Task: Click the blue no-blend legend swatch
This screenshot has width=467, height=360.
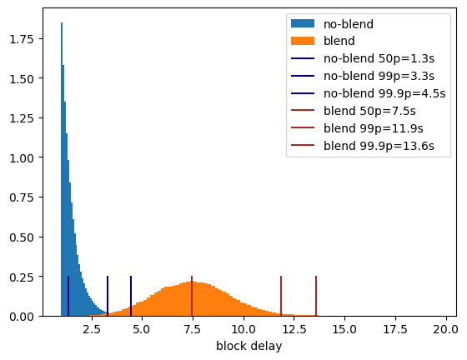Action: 303,23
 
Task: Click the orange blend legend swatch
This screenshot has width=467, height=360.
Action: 303,41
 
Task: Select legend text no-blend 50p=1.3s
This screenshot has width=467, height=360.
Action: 379,58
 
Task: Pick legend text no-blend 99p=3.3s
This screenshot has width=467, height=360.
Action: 379,76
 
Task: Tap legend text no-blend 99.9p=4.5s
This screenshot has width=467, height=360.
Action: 384,93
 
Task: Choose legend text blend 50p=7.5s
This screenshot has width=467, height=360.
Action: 369,111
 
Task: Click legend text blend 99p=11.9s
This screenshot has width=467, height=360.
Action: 374,128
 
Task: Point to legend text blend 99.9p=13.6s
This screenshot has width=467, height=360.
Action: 379,146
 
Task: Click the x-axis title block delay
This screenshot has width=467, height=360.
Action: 249,346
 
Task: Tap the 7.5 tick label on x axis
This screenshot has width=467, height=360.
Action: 193,330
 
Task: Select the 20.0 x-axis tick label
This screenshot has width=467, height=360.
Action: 446,330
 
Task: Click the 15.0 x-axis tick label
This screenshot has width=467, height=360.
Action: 344,330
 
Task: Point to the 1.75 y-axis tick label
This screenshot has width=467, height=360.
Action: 22,39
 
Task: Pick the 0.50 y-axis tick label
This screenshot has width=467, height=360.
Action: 22,237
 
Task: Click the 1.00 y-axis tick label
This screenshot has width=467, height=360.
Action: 22,157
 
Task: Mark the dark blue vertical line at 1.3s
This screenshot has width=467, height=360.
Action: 68,296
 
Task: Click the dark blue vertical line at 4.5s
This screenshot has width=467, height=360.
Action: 131,296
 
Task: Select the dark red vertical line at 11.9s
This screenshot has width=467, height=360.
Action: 281,296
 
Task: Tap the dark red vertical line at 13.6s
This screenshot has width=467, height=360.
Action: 316,296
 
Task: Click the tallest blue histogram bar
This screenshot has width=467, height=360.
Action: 62,169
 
